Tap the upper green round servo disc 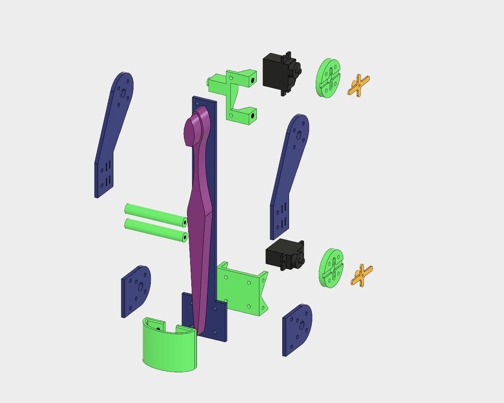point(328,78)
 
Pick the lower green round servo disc point(331,268)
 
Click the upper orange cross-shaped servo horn point(358,85)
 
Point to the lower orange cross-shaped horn point(361,275)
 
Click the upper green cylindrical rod point(154,213)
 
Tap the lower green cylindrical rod point(154,229)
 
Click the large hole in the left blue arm point(123,93)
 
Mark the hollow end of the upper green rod point(184,222)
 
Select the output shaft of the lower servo point(302,261)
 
